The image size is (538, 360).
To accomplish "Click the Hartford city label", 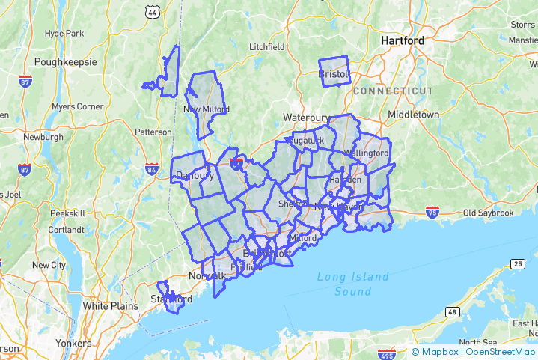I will coord(402,40).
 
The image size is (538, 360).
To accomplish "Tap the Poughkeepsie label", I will coord(66,61).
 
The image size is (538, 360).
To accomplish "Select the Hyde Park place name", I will coord(64,34).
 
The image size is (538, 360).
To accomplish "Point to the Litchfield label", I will coord(267,46).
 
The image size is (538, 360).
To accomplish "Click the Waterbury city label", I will coord(306,118).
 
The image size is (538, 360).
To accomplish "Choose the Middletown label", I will coord(413,115).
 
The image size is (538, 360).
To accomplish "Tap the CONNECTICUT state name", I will coord(393,91).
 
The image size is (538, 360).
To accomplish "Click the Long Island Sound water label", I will coord(352,283).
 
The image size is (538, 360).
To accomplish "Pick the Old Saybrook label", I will coord(489,213).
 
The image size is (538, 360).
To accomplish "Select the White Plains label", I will coord(110,305).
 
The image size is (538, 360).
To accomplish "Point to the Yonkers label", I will coord(73,344).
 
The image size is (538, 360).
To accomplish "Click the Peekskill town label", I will coord(68,213).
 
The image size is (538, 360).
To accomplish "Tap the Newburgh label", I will coord(43,137).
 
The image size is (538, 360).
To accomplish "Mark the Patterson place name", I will coord(153,132).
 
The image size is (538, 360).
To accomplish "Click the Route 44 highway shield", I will coord(153,12).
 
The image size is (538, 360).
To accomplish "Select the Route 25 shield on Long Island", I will coord(517,263).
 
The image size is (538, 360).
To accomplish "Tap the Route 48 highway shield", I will coord(452,311).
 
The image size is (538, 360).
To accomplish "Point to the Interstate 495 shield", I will coord(386,353).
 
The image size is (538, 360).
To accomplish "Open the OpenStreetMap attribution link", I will coord(500,351).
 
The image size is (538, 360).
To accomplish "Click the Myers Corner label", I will coord(78,106).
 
